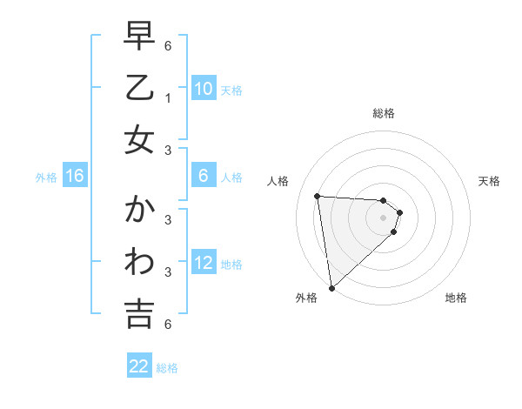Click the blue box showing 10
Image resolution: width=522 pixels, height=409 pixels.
point(203,89)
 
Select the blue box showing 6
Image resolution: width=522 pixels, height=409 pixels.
point(203,176)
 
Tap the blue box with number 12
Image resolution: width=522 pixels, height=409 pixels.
point(203,263)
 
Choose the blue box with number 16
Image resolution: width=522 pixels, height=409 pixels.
point(75,176)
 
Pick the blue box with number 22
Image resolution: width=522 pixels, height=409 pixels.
point(139,366)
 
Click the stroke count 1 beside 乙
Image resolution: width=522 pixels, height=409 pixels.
point(168,97)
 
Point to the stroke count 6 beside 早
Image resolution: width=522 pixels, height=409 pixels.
point(168,45)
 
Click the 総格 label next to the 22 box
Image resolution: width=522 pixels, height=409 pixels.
point(167,368)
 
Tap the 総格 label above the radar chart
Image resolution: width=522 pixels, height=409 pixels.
point(384,113)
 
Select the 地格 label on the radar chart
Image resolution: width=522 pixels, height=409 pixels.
point(456,298)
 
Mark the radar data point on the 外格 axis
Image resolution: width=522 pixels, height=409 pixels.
point(331,287)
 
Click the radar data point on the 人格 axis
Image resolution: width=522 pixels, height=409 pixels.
point(318,196)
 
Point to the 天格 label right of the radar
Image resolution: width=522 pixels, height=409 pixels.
point(489,181)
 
